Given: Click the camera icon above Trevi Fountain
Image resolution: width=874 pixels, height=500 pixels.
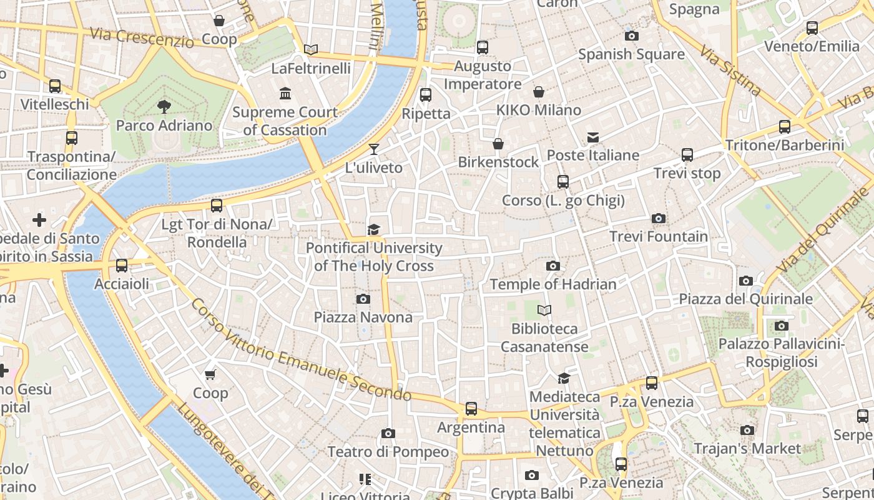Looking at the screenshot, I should tap(658, 218).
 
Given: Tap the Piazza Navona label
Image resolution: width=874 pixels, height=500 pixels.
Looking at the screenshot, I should tap(363, 317).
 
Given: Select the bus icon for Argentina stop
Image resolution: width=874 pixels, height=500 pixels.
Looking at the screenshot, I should tap(471, 409).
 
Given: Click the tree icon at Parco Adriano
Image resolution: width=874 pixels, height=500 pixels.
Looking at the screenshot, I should tap(164, 106).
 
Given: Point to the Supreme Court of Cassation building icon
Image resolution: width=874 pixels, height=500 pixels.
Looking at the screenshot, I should tap(285, 94).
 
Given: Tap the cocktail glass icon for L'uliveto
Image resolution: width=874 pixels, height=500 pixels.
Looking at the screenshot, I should tap(373, 149).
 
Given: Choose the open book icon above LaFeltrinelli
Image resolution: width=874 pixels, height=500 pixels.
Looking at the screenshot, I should tap(310, 49).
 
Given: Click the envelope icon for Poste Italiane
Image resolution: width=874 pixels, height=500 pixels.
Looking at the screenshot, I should tap(592, 137).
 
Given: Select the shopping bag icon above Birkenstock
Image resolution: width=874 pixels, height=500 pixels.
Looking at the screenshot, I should tap(498, 144).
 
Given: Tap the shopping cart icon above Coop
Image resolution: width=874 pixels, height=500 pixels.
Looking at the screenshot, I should tap(210, 374).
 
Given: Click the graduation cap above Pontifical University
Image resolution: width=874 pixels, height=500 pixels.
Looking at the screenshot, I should tap(373, 229).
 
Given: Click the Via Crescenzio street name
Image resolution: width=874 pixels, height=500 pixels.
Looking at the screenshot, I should tap(142, 37).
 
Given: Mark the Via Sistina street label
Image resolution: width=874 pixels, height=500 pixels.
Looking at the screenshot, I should tap(730, 70).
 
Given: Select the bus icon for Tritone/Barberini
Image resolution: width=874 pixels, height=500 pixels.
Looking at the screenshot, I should tap(785, 127).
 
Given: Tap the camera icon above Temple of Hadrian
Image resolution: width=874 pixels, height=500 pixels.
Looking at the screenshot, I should tap(552, 266).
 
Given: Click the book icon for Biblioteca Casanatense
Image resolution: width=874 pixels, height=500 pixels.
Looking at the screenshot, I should tap(544, 310).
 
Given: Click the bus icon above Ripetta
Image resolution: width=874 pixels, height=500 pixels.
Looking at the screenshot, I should tap(426, 95).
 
